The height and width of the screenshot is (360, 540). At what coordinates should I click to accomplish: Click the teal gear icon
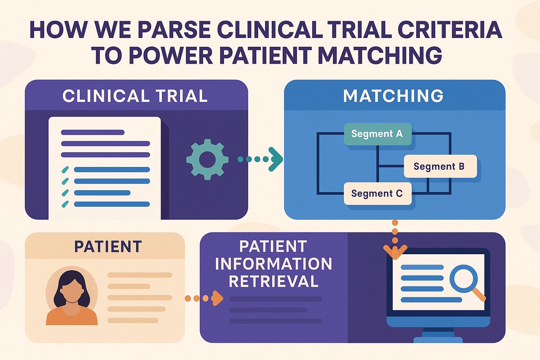point(207,159)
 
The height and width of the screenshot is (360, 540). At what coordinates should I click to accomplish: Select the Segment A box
point(377,134)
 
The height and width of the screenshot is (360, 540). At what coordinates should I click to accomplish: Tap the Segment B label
point(439,166)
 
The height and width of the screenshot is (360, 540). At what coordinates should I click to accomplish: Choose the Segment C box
point(377,194)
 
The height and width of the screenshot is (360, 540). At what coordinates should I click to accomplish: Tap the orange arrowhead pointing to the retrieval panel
point(218,298)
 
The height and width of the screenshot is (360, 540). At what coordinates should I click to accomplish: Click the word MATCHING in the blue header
point(393,96)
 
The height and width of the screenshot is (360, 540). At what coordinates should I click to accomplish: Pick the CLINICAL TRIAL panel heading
point(135,96)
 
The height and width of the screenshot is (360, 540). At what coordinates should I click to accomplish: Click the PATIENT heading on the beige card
point(108,246)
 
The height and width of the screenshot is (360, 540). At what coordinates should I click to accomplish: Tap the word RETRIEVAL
point(274,281)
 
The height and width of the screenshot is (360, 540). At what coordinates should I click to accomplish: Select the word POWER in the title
point(171,56)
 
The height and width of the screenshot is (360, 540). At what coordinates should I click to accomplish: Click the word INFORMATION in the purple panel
point(274,264)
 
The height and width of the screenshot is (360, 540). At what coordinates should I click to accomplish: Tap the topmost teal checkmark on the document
point(65,170)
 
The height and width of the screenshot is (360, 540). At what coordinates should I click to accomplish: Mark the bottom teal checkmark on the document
point(65,204)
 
